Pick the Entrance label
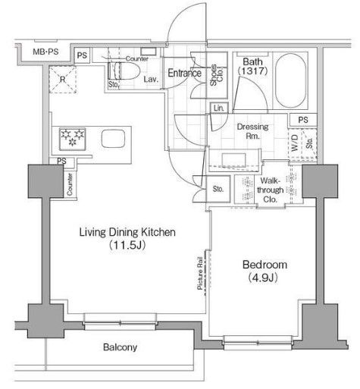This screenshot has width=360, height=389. (x=184, y=74)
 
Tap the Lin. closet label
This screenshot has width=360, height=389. (x=219, y=108)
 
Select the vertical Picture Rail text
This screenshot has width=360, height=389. (x=200, y=271)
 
